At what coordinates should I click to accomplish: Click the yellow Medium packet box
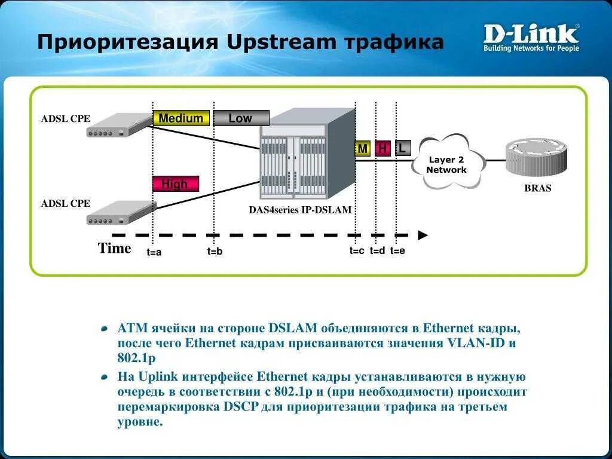pyautogui.click(x=181, y=118)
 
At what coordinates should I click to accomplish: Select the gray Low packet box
pyautogui.click(x=241, y=118)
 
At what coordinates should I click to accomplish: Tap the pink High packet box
pyautogui.click(x=175, y=184)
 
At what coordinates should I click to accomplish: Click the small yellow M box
pyautogui.click(x=363, y=149)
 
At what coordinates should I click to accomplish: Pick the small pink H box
pyautogui.click(x=382, y=149)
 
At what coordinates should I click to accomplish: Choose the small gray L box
pyautogui.click(x=403, y=148)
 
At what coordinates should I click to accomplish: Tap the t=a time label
pyautogui.click(x=154, y=252)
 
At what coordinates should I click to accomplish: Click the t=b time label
pyautogui.click(x=215, y=252)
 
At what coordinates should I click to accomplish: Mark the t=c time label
pyautogui.click(x=357, y=251)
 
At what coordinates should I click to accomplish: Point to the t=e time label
pyautogui.click(x=397, y=251)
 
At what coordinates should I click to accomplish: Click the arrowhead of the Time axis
pyautogui.click(x=423, y=235)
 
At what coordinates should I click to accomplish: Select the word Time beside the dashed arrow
pyautogui.click(x=114, y=249)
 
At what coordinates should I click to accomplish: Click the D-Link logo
pyautogui.click(x=531, y=37)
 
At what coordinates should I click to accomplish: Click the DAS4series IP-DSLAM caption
pyautogui.click(x=300, y=210)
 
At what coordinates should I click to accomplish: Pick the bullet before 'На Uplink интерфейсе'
pyautogui.click(x=105, y=377)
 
